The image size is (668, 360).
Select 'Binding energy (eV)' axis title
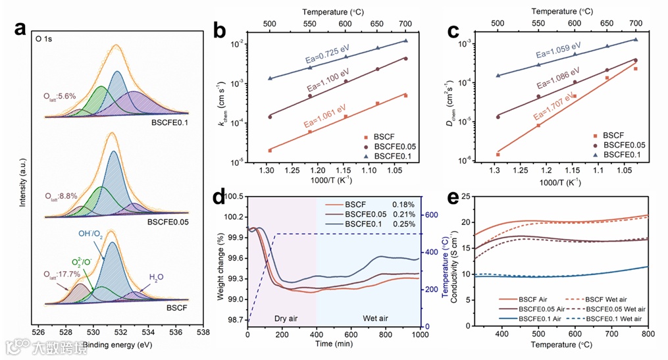click(120, 343)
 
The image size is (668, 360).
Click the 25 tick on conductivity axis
click(465, 196)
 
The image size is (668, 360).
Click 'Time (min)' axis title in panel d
click(332, 344)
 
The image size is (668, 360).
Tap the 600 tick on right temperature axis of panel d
click(430, 215)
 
